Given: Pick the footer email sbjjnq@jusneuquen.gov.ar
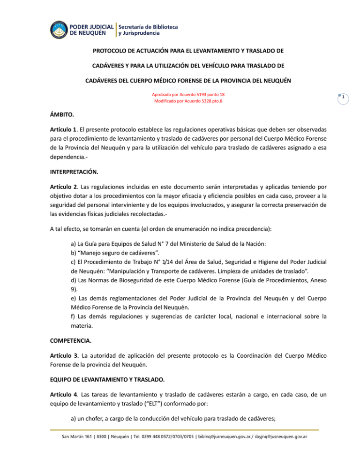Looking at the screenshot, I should click(277, 436).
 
